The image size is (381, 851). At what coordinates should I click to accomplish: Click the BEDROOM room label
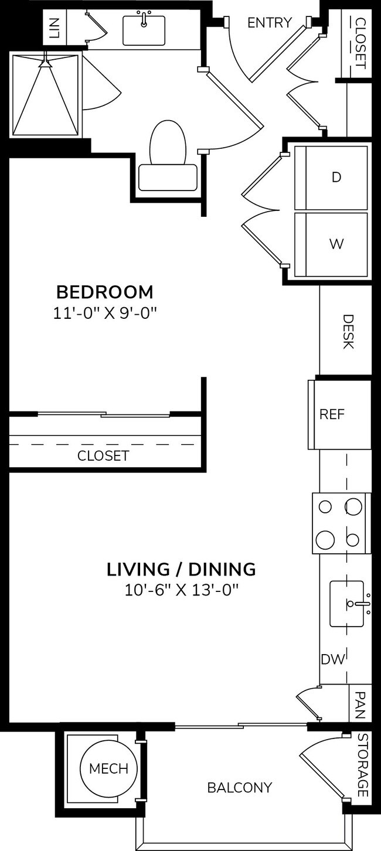coord(104,291)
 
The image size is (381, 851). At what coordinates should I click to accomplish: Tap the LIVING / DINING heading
coord(181,569)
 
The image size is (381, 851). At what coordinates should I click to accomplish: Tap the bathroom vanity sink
coord(144,30)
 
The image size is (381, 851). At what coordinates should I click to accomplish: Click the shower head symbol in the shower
coord(44,63)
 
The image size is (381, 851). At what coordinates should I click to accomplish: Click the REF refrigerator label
coord(332,414)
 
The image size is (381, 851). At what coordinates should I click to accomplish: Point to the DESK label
coord(348,332)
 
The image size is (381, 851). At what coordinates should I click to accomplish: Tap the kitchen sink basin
coord(346,603)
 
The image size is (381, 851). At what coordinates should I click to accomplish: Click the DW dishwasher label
coord(332,659)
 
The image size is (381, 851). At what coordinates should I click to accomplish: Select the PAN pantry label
coord(359,703)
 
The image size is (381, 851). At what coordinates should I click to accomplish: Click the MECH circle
coord(109,768)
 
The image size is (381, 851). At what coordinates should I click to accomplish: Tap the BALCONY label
coord(240,787)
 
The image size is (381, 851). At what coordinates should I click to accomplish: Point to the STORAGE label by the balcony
coord(362,765)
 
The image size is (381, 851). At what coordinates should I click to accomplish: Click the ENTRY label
coord(269,23)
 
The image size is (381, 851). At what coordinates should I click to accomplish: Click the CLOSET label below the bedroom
coord(103,455)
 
